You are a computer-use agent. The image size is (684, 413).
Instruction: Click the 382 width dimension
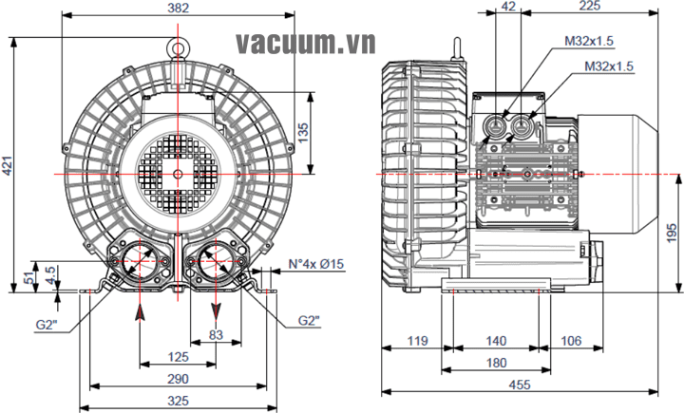(178, 9)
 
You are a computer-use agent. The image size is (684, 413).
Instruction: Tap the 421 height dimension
(8, 168)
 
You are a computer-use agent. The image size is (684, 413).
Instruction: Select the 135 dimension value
(302, 130)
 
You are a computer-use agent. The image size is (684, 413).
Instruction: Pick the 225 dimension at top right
(589, 8)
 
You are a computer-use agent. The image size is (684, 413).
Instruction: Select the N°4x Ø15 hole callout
(316, 263)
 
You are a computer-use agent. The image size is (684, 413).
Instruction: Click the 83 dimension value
(216, 333)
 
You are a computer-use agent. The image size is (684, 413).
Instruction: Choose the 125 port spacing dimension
(178, 357)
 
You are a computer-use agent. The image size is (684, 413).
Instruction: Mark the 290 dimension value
(178, 379)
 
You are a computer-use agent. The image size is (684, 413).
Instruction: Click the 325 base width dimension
(178, 402)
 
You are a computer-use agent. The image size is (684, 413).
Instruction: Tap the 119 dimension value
(414, 340)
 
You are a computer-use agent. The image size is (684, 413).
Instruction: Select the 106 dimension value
(572, 340)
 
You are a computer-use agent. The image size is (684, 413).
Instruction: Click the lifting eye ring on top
(178, 45)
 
